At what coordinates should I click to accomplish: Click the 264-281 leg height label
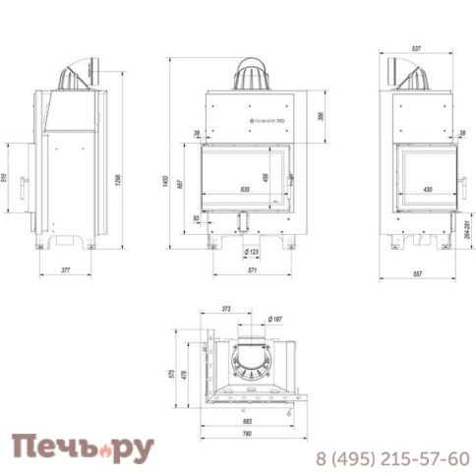[467, 234]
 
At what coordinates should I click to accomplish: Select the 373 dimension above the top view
[225, 309]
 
